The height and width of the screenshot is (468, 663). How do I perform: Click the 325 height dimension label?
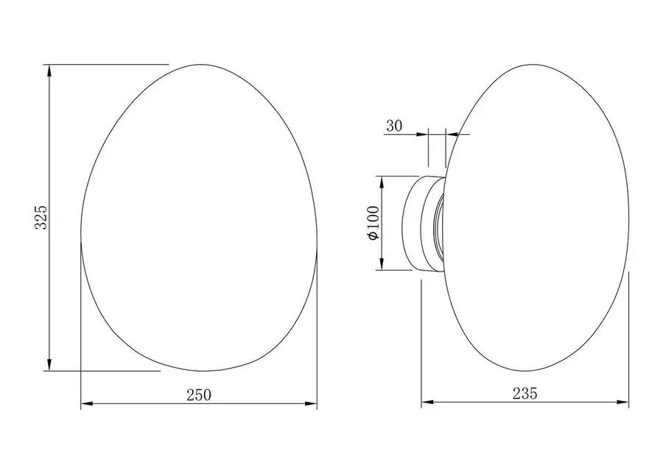pyautogui.click(x=41, y=218)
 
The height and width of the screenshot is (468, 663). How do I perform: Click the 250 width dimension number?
pyautogui.click(x=199, y=395)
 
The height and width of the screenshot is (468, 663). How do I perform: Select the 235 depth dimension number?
pyautogui.click(x=525, y=394)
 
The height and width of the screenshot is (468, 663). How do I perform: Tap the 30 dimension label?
pyautogui.click(x=394, y=126)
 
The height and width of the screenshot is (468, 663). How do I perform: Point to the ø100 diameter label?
pyautogui.click(x=374, y=223)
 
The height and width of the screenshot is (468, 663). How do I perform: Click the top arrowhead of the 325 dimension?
pyautogui.click(x=49, y=71)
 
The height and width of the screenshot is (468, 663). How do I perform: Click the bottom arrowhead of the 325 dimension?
pyautogui.click(x=49, y=365)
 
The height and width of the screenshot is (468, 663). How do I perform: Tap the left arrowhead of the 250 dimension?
pyautogui.click(x=87, y=404)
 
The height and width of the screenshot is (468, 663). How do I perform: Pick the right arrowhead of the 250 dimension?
pyautogui.click(x=311, y=404)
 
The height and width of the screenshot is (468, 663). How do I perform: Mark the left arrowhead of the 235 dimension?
pyautogui.click(x=427, y=402)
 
